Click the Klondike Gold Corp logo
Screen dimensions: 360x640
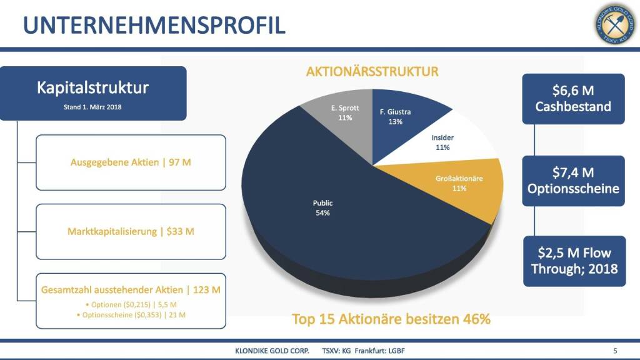click(x=616, y=24)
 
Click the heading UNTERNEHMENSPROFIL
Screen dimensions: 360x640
click(x=154, y=25)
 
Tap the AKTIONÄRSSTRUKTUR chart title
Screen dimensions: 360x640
click(x=372, y=72)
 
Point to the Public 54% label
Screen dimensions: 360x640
click(x=322, y=207)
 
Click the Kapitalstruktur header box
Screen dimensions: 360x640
click(x=92, y=93)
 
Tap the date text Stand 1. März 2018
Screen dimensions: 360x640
click(x=92, y=107)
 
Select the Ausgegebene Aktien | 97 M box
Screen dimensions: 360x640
click(x=131, y=162)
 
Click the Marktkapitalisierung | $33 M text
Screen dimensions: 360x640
click(x=131, y=231)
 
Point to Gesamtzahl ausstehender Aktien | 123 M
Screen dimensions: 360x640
click(x=131, y=290)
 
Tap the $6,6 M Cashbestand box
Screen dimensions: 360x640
click(x=573, y=99)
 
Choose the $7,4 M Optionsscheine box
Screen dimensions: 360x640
click(x=573, y=180)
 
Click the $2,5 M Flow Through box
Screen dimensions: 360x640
click(x=574, y=261)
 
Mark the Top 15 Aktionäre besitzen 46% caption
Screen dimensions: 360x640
click(x=391, y=319)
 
